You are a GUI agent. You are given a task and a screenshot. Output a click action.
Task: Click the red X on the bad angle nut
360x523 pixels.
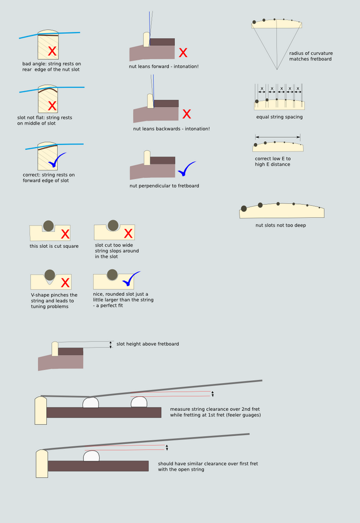pos(52,51)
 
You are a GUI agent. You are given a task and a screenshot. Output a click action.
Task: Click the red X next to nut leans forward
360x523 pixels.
pos(183,53)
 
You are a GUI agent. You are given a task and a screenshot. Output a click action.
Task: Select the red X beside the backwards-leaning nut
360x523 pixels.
pos(187,114)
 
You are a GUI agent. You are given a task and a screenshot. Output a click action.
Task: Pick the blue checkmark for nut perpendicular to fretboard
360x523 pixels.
pos(187,169)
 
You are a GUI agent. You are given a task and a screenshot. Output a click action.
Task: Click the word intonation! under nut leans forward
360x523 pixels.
pos(186,66)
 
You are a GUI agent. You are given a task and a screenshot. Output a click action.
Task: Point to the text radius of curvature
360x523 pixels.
pos(311,53)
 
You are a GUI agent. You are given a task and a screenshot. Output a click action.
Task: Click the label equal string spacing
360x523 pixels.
pos(279,117)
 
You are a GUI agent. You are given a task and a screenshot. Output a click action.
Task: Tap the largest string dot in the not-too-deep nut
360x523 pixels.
pos(243,209)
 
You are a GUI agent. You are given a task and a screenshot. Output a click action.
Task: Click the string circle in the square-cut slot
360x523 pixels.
pos(48,226)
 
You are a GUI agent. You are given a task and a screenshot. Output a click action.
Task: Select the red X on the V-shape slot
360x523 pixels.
pos(65,283)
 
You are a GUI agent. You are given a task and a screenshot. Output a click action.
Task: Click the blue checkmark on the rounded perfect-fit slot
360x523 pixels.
pos(131,279)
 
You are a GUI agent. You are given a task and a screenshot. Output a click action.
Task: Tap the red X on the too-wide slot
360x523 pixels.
pos(129,234)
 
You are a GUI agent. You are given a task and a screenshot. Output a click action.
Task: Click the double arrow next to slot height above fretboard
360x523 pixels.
pos(111,345)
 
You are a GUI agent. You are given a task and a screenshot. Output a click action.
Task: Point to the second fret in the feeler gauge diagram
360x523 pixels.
pos(139,402)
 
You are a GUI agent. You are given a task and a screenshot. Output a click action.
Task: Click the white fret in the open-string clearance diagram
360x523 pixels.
pos(91,455)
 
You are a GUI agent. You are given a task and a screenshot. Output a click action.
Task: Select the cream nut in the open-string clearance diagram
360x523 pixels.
pos(42,464)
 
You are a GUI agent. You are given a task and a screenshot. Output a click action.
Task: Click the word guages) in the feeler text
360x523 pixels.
pos(253,415)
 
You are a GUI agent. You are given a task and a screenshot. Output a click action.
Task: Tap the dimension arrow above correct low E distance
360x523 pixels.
pos(278,137)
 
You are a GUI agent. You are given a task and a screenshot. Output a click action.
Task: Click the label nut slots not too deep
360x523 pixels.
pos(280,226)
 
